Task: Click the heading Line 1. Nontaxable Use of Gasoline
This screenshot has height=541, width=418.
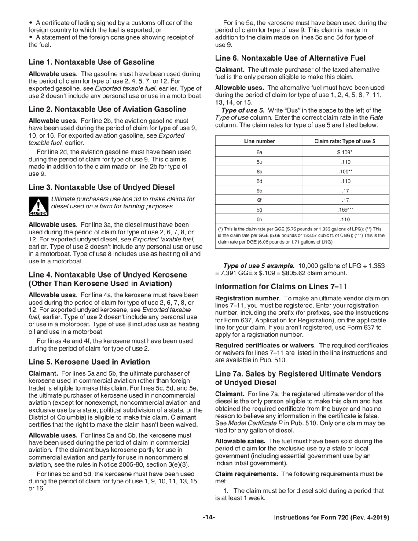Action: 92,62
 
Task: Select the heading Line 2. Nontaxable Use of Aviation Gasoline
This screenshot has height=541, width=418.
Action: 107,109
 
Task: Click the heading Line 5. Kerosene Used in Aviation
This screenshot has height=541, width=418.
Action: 89,362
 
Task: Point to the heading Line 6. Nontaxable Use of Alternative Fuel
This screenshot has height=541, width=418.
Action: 290,58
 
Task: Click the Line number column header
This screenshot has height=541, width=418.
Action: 259,141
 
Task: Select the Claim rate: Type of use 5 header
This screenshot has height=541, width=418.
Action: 345,141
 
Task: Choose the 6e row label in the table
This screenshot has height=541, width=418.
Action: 259,190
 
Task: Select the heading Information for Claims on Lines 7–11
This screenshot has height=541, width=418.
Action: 281,287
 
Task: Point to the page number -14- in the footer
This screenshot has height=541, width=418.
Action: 209,518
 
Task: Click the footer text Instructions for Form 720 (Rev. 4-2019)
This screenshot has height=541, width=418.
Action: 331,518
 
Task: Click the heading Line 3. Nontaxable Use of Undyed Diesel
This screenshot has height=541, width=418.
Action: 102,187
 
